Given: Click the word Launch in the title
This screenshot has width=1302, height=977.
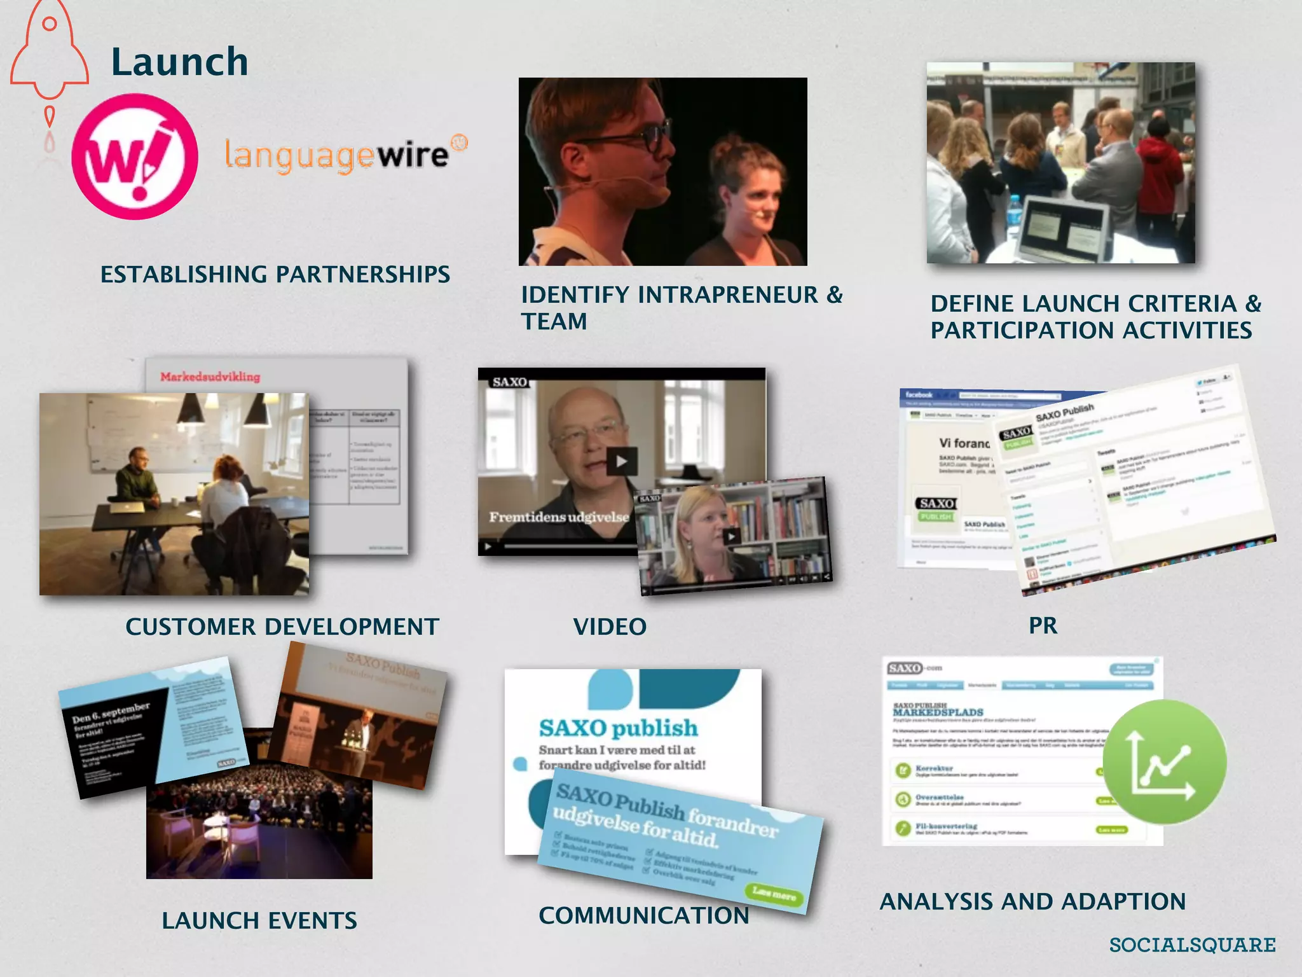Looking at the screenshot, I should (x=180, y=62).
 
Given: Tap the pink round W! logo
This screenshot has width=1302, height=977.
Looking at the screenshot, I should (x=134, y=156).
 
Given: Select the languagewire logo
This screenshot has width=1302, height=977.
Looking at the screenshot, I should (x=345, y=155).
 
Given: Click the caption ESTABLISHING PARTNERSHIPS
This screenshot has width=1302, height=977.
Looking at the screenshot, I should (x=275, y=275).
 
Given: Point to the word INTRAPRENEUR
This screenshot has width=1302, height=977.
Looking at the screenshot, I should (x=727, y=295).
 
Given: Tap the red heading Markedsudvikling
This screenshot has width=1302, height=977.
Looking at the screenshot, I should (x=210, y=377).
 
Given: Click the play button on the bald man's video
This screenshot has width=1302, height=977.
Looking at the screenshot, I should (x=621, y=462).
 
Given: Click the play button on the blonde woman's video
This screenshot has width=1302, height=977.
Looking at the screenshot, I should (x=731, y=536).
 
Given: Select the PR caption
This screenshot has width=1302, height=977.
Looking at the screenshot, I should (x=1043, y=626).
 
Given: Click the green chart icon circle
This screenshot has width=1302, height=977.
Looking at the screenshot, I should (x=1164, y=762).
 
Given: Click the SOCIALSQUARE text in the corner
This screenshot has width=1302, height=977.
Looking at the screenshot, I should (x=1192, y=945).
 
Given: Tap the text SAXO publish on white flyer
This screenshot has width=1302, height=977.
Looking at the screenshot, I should (x=618, y=728).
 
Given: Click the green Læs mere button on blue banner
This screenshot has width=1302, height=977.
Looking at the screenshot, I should (x=774, y=894).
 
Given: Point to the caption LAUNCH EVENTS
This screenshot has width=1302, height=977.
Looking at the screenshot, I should (x=259, y=921).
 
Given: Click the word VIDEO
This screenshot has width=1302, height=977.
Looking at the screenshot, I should (x=610, y=627).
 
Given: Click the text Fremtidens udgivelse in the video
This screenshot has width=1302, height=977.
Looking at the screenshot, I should (x=558, y=517).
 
